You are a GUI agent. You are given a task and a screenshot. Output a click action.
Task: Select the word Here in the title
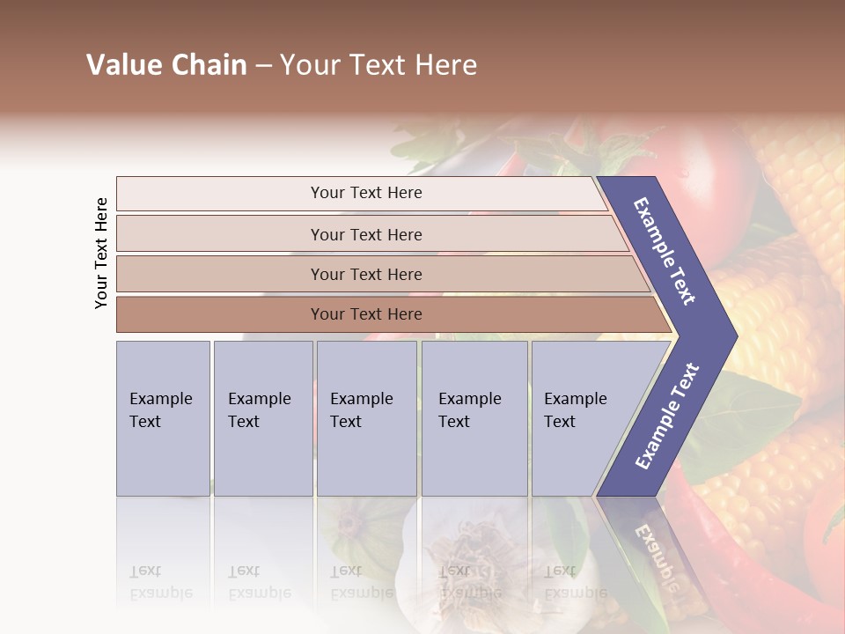tap(446, 65)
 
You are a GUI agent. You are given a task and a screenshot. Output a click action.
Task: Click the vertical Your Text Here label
tap(101, 254)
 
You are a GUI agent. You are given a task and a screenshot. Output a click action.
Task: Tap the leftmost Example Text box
tap(163, 418)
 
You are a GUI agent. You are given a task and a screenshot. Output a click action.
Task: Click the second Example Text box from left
tap(262, 418)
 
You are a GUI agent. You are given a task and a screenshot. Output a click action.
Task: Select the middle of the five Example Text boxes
tap(366, 418)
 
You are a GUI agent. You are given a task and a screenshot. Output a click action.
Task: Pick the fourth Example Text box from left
tap(474, 418)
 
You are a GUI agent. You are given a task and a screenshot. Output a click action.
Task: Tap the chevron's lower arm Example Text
tap(667, 416)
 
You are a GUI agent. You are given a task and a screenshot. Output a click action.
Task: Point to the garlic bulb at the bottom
tap(458, 555)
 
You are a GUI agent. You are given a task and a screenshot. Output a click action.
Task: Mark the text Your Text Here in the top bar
tap(366, 193)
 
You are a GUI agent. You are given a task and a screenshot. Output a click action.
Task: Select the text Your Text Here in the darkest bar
tap(366, 314)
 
